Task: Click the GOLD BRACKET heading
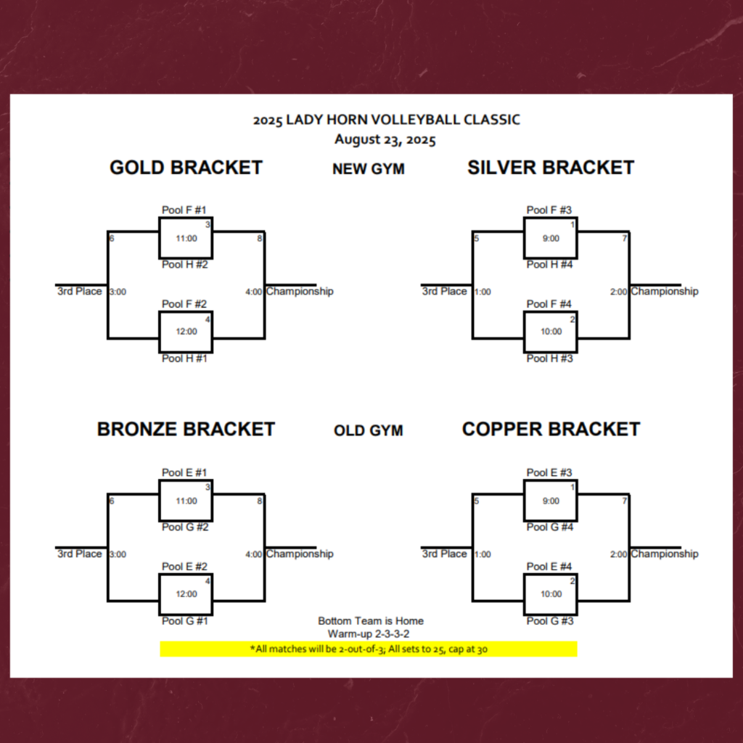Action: [x=186, y=168]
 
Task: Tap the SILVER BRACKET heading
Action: [x=551, y=168]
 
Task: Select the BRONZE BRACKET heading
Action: [x=186, y=430]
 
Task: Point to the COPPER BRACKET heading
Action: [x=551, y=430]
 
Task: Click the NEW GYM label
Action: [x=369, y=169]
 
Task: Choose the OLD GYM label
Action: [x=369, y=431]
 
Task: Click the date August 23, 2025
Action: [x=385, y=139]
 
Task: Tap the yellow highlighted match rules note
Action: [x=369, y=649]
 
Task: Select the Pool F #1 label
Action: [x=184, y=210]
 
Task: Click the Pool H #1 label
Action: [x=184, y=358]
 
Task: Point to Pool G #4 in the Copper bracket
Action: [x=550, y=528]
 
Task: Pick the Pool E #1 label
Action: [x=184, y=473]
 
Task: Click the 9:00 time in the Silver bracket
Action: [x=551, y=238]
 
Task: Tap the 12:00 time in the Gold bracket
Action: [x=186, y=332]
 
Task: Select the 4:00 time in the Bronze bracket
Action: [x=254, y=554]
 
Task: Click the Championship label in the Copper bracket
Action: [x=664, y=554]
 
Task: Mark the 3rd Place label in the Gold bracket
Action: [x=80, y=291]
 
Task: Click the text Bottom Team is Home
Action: [x=371, y=621]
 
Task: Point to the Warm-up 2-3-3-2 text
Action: [x=369, y=634]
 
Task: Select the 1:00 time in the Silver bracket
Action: [x=483, y=292]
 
